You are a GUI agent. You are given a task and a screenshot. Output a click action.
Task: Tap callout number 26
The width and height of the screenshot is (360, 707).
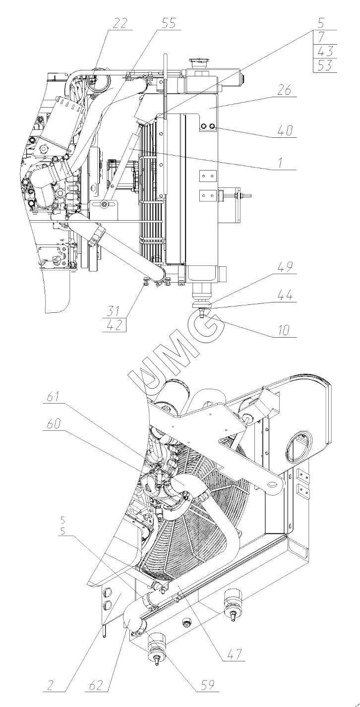pos(284,91)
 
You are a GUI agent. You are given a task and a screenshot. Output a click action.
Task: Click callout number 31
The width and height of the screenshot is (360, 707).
pos(113,311)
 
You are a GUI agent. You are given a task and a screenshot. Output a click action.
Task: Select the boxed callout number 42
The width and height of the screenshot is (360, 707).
pos(114,325)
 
